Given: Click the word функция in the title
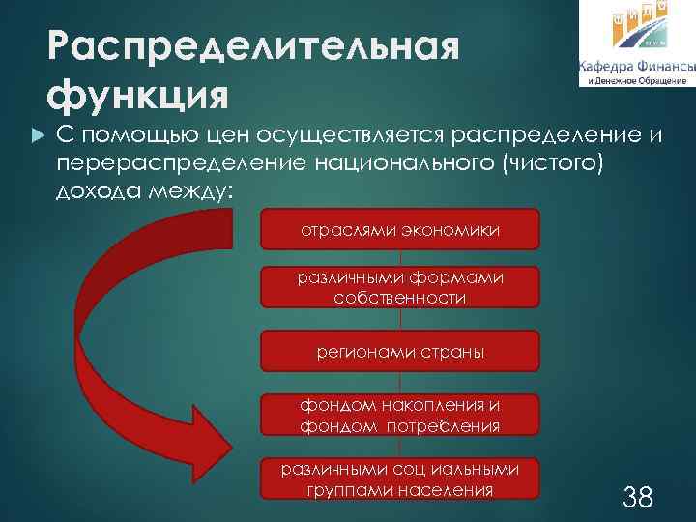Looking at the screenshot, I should coord(138,94).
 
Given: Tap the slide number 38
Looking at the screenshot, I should coord(638,498).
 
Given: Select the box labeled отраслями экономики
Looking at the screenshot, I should coord(400,233).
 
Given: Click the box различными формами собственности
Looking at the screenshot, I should coord(400,288).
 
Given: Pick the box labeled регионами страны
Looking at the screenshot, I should coord(400,352).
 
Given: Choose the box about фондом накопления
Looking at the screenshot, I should coord(400,415).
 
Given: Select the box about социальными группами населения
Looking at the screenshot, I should coord(400,480).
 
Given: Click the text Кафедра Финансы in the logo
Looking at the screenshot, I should coord(636,67).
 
